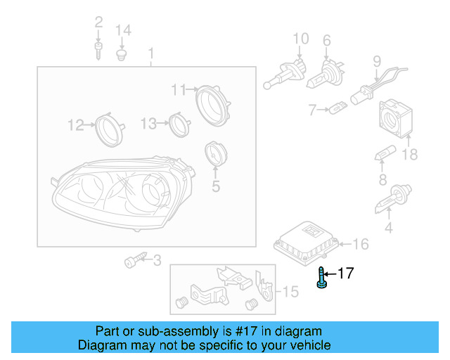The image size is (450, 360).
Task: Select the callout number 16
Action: pyautogui.click(x=360, y=244)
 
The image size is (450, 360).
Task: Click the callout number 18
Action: pyautogui.click(x=409, y=154)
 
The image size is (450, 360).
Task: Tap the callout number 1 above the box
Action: pyautogui.click(x=150, y=53)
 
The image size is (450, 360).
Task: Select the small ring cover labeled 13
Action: pyautogui.click(x=181, y=124)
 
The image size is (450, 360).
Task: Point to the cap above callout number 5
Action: pyautogui.click(x=214, y=155)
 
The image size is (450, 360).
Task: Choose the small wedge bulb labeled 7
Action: pyautogui.click(x=340, y=109)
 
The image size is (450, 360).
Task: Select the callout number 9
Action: pyautogui.click(x=376, y=61)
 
